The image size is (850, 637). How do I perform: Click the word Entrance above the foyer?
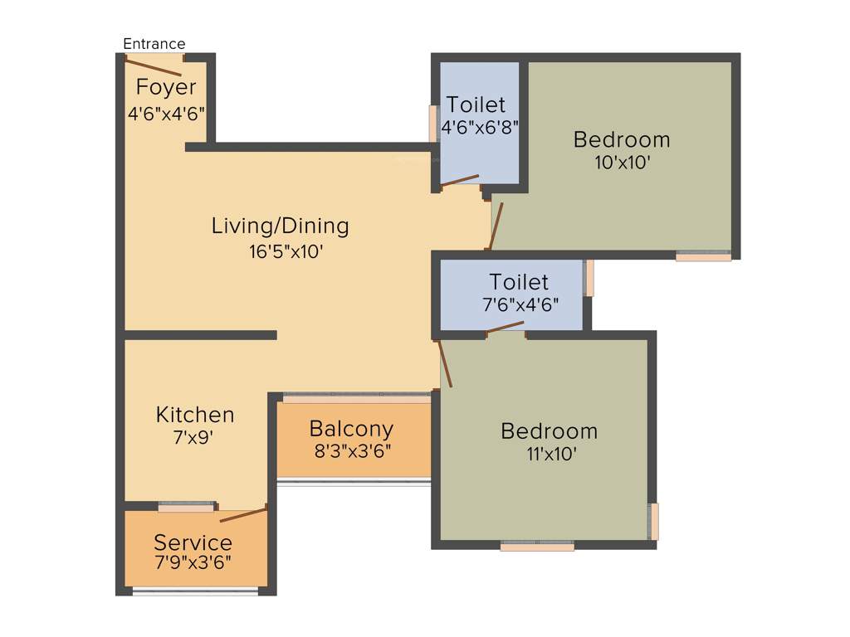(x=154, y=44)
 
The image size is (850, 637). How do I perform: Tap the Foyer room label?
(x=166, y=87)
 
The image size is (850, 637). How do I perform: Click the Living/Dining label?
(x=280, y=226)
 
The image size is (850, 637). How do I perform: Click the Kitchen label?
(x=195, y=415)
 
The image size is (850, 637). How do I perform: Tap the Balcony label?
(x=351, y=429)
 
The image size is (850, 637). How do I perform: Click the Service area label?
(x=193, y=543)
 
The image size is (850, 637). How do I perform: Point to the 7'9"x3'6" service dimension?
(x=193, y=563)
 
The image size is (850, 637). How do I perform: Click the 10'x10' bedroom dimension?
(x=622, y=163)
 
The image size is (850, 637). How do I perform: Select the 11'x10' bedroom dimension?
(x=549, y=455)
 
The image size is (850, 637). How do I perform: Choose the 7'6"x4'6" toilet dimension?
(x=520, y=304)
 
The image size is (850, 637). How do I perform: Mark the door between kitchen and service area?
(x=243, y=514)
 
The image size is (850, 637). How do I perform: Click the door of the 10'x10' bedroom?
(x=496, y=226)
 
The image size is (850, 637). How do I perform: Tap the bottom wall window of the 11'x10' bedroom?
(x=537, y=546)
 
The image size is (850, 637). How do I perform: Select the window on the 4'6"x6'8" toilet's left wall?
(x=432, y=124)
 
